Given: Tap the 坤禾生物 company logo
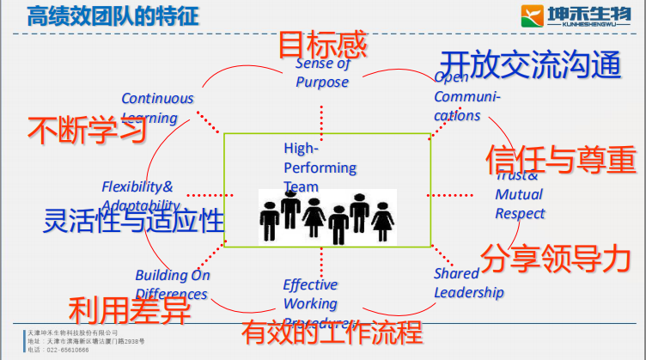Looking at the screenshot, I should tap(578, 15).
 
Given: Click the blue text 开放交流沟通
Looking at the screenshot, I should tap(529, 65).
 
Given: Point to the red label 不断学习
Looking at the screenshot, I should tap(86, 131).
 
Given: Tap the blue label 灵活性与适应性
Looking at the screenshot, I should tap(134, 221).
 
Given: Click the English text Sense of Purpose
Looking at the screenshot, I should tap(322, 73).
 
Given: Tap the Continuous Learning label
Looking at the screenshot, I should tap(157, 107).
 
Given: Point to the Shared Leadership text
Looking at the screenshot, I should tap(468, 284).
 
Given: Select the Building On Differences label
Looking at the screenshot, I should tap(172, 284).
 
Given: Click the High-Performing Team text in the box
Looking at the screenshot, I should tap(319, 168).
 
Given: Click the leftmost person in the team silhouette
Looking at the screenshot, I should tap(270, 219).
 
